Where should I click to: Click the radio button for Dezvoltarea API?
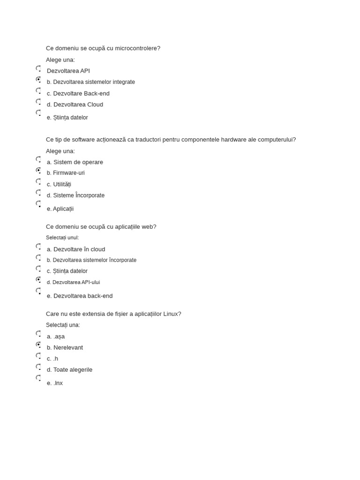[x=38, y=68]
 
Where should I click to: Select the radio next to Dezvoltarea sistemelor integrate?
[x=38, y=80]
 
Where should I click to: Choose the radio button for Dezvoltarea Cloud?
[x=38, y=102]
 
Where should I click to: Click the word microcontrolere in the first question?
[x=137, y=48]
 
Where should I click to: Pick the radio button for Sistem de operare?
[x=38, y=159]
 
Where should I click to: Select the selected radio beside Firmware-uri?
[x=38, y=171]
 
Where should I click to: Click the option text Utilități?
[x=62, y=184]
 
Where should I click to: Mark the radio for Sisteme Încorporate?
[x=38, y=193]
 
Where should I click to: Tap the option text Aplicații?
[x=63, y=209]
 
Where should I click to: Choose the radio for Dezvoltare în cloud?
[x=38, y=247]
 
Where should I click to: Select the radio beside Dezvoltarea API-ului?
[x=38, y=280]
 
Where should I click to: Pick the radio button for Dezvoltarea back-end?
[x=38, y=291]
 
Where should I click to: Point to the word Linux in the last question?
[x=170, y=314]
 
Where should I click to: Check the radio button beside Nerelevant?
[x=38, y=345]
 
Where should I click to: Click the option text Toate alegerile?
[x=73, y=370]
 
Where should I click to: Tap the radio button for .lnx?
[x=38, y=378]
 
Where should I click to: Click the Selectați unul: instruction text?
[x=62, y=238]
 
